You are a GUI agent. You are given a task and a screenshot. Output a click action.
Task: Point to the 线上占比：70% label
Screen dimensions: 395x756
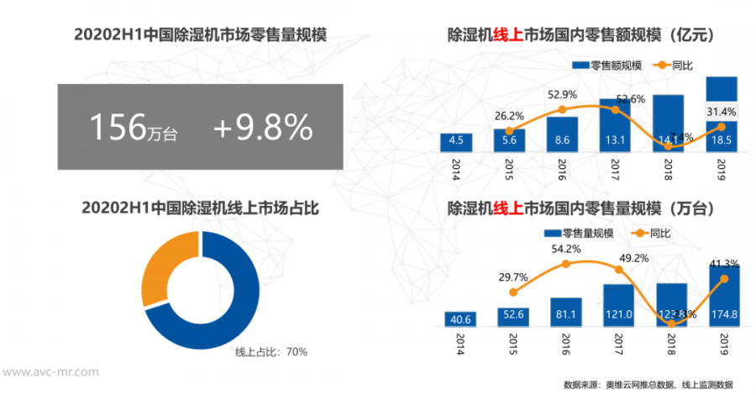270,351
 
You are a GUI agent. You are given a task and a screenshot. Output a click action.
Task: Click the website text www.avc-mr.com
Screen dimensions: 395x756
50,371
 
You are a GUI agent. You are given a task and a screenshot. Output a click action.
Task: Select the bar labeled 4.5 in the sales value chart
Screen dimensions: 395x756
456,141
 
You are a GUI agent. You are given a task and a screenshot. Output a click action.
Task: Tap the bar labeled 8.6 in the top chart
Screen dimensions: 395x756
562,134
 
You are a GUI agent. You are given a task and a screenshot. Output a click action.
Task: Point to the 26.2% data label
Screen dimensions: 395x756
510,115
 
